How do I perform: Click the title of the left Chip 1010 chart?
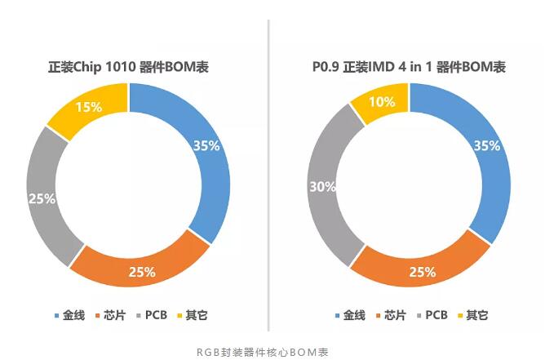click(x=128, y=66)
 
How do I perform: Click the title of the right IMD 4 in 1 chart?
click(x=409, y=66)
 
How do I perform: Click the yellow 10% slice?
click(x=381, y=103)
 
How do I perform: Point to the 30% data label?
click(x=323, y=186)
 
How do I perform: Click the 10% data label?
click(x=383, y=102)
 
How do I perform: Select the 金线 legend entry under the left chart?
click(x=72, y=315)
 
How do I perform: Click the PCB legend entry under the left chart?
click(x=154, y=315)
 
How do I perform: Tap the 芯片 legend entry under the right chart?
click(x=392, y=315)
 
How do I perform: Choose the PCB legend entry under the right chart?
click(x=435, y=315)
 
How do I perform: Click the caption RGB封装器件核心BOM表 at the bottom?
click(x=261, y=351)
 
